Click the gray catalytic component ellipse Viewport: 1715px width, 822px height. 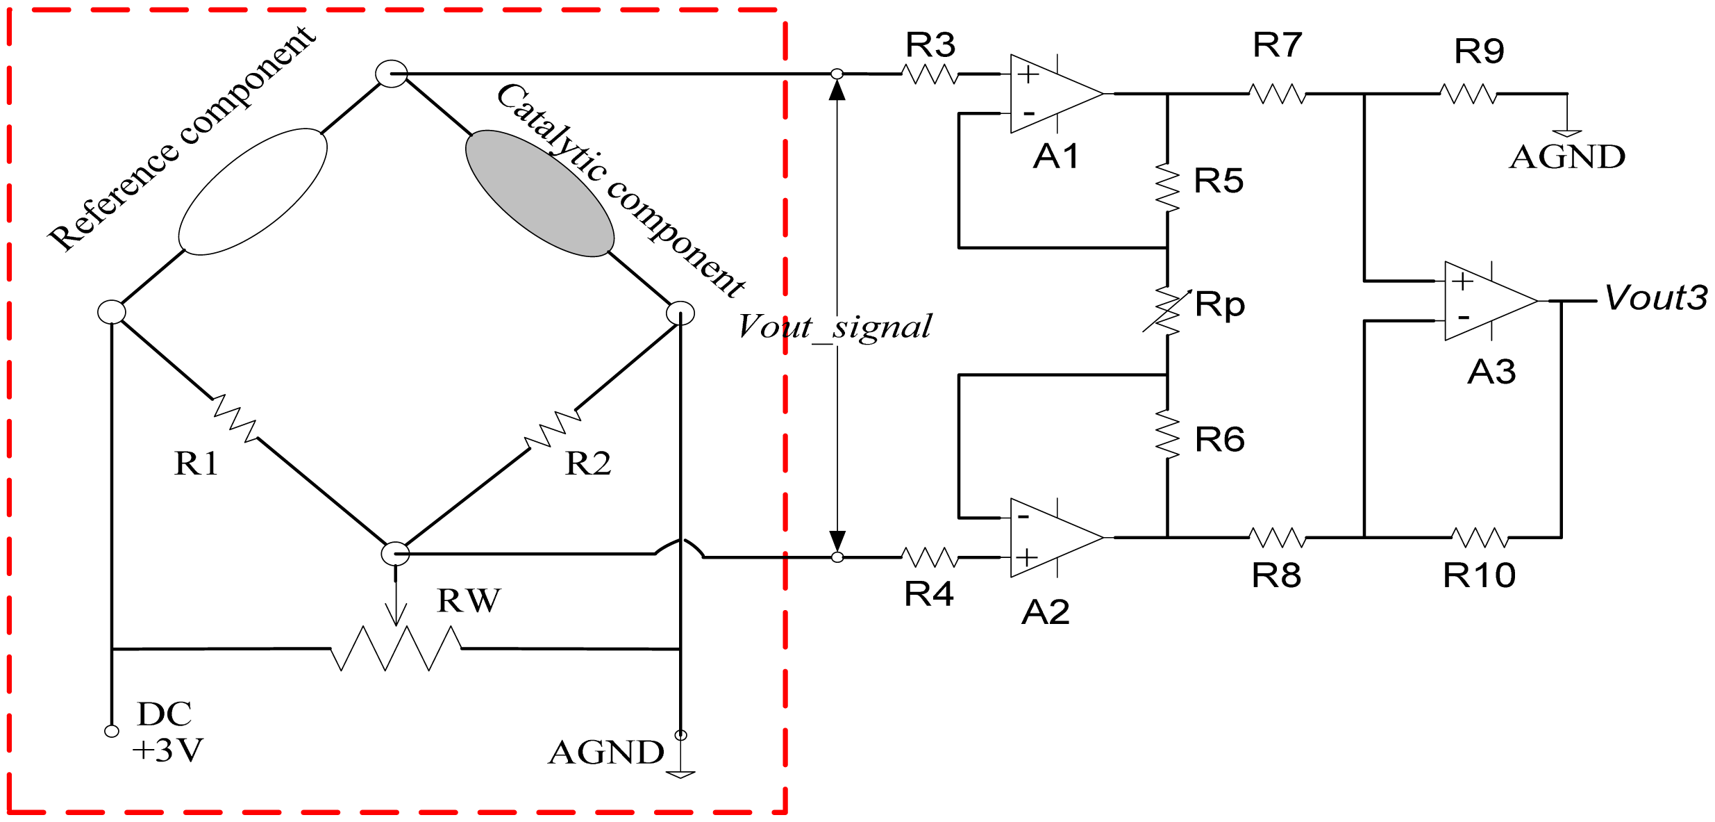point(539,193)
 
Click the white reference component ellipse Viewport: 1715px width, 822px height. point(253,192)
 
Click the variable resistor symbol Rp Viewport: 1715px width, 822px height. point(1168,311)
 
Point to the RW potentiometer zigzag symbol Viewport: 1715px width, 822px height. point(396,648)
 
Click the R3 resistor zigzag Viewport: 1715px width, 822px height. point(930,74)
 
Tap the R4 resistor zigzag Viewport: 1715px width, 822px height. point(930,557)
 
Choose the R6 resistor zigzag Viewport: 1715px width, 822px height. point(1168,434)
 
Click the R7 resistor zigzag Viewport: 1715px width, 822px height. point(1278,93)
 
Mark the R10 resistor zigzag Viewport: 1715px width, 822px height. point(1480,537)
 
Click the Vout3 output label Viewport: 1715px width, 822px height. point(1655,298)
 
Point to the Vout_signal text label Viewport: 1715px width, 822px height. point(835,327)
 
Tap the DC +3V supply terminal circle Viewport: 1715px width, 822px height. point(112,731)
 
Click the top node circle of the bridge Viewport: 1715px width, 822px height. point(392,74)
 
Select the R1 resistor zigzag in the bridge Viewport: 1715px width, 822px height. point(235,418)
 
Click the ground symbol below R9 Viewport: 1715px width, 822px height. point(1567,132)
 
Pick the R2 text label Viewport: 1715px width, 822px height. point(588,463)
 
